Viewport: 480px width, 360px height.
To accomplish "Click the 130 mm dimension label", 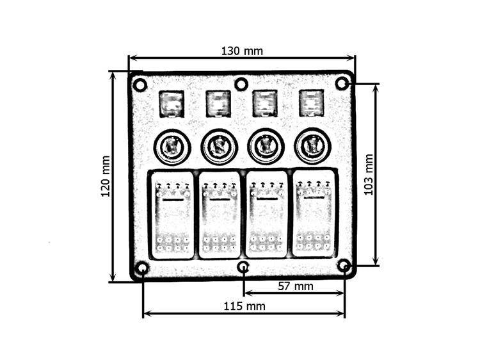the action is (242, 51).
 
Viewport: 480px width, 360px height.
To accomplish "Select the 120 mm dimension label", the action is (106, 176).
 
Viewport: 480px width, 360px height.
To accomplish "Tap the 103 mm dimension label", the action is (369, 175).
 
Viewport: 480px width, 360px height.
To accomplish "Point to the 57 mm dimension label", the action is (296, 286).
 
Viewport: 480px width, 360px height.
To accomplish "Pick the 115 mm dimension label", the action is (244, 306).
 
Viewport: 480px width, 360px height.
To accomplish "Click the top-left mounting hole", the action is (140, 85).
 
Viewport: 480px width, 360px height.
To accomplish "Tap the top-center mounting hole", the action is (241, 84).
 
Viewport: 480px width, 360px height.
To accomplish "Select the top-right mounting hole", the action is (342, 83).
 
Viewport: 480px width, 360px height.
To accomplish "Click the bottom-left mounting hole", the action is (142, 268).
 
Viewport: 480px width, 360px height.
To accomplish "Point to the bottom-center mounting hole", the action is (243, 268).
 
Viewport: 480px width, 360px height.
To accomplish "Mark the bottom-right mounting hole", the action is (344, 265).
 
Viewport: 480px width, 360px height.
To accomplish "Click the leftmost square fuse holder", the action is (172, 104).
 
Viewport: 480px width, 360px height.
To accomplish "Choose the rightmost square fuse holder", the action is (312, 103).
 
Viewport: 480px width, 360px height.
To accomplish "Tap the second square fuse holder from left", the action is (218, 104).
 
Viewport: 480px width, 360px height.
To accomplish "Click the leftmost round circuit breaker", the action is (172, 147).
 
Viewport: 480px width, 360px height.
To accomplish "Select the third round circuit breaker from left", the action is (266, 147).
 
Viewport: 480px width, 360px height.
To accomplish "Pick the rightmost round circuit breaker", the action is (312, 145).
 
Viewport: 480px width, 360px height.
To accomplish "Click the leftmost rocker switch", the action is (171, 215).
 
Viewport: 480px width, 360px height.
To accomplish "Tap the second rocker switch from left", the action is (220, 215).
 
